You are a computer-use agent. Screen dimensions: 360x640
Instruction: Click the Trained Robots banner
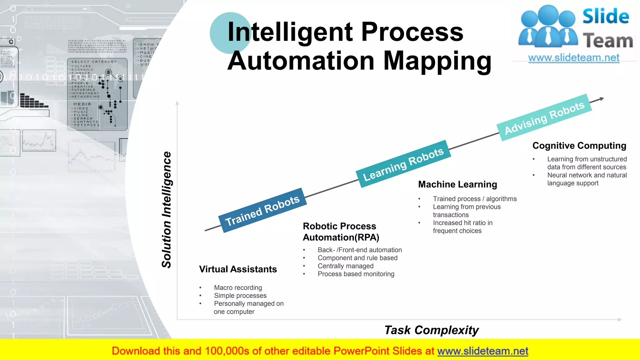pyautogui.click(x=262, y=210)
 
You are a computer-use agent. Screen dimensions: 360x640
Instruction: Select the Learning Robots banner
pyautogui.click(x=403, y=164)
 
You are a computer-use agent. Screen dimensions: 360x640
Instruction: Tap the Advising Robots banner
pyautogui.click(x=544, y=117)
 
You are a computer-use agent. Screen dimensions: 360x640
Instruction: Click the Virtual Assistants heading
pyautogui.click(x=238, y=269)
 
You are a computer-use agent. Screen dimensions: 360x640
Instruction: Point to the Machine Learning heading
pyautogui.click(x=457, y=184)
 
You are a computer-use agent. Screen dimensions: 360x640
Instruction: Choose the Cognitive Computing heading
pyautogui.click(x=579, y=146)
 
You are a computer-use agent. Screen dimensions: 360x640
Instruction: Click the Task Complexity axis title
pyautogui.click(x=431, y=330)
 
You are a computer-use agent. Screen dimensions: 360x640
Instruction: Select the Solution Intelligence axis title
pyautogui.click(x=167, y=210)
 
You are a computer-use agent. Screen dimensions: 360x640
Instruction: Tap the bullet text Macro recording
pyautogui.click(x=238, y=287)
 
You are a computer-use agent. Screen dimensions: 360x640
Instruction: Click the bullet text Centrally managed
pyautogui.click(x=345, y=266)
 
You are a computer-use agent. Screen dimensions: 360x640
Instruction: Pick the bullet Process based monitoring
pyautogui.click(x=356, y=274)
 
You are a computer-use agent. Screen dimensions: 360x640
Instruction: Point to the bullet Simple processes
pyautogui.click(x=240, y=296)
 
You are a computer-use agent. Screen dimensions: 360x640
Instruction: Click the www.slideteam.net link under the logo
pyautogui.click(x=574, y=58)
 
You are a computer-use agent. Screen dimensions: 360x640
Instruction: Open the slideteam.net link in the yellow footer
pyautogui.click(x=482, y=351)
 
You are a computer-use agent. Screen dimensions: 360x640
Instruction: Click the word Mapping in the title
pyautogui.click(x=437, y=61)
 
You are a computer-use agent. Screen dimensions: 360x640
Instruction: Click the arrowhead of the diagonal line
pyautogui.click(x=602, y=99)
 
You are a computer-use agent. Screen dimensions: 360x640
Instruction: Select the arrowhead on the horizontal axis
pyautogui.click(x=620, y=320)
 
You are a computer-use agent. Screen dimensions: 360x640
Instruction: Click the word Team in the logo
pyautogui.click(x=607, y=41)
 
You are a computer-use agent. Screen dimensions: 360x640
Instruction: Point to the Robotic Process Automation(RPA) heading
pyautogui.click(x=341, y=232)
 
